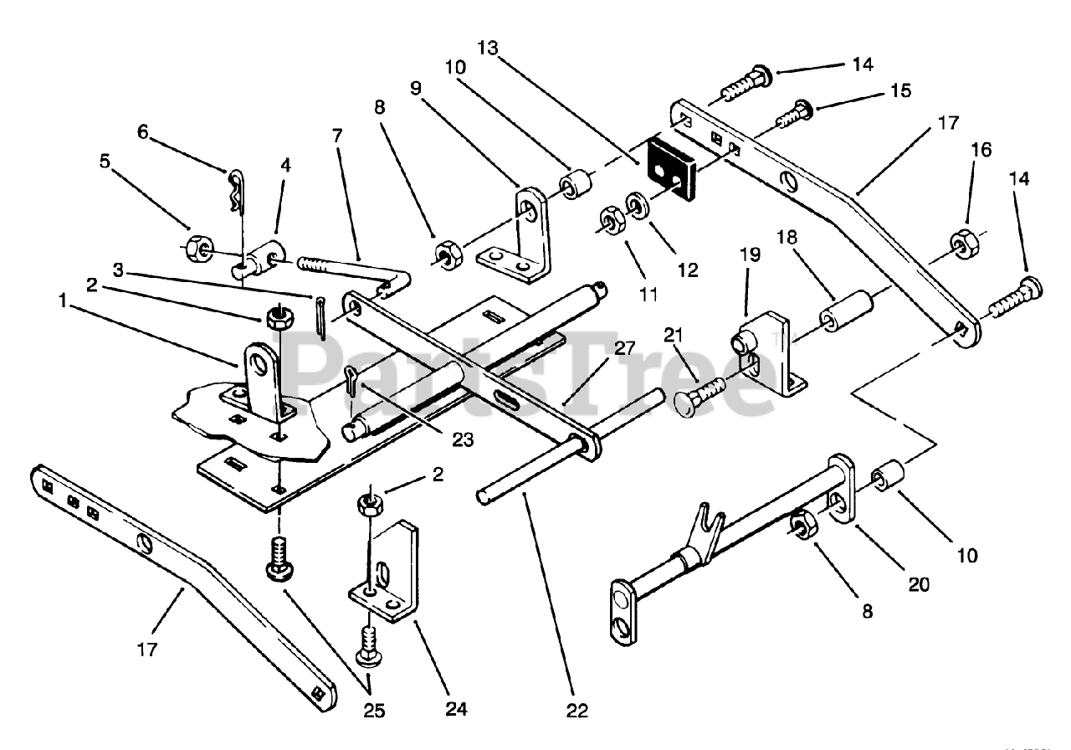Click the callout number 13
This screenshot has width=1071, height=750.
(488, 49)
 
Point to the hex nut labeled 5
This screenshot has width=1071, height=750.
(198, 249)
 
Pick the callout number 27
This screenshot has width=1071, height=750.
(624, 348)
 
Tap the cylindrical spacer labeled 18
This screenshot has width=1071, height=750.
(845, 311)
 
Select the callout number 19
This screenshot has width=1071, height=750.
(750, 255)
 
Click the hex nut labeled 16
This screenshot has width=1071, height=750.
(966, 241)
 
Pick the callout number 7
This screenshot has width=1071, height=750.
(337, 136)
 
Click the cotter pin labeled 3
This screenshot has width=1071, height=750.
(320, 319)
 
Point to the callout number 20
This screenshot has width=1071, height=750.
(919, 584)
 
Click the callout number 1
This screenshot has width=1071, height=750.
(62, 301)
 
